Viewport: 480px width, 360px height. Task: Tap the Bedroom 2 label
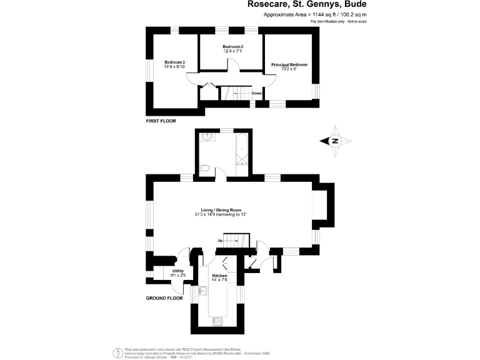232,47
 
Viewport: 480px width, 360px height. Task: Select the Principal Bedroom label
289,64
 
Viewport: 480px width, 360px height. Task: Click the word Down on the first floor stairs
257,94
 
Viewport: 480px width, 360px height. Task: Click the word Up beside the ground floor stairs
221,241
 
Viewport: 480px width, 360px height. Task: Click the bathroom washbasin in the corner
206,135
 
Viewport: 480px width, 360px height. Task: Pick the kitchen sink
203,291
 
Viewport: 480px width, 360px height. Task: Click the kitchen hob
217,321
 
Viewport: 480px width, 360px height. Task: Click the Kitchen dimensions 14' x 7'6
219,280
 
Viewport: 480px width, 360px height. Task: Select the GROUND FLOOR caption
164,299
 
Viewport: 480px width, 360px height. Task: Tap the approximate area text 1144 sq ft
315,14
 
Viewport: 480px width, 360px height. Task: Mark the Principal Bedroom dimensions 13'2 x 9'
288,69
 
